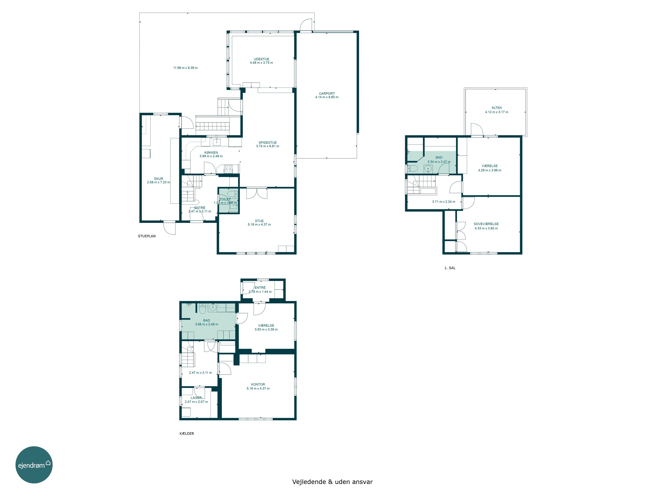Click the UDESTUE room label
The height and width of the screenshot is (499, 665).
(261, 59)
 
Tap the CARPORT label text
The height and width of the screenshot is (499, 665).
(327, 94)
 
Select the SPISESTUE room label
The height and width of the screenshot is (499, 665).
(268, 143)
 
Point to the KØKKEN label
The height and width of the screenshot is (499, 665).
(211, 153)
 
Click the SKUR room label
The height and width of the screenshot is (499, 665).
(158, 179)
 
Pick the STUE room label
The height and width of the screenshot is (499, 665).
(259, 221)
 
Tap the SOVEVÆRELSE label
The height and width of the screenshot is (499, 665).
(486, 224)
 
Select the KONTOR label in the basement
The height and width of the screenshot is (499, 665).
(258, 384)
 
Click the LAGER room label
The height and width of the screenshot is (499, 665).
(196, 398)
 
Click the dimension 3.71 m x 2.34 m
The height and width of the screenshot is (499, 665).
(444, 202)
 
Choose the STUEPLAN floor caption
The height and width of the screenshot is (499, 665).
(147, 236)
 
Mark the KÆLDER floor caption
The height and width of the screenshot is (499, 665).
(187, 433)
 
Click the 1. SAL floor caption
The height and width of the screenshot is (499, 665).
(450, 268)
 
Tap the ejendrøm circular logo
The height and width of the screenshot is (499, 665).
(34, 465)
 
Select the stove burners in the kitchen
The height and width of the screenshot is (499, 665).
(228, 169)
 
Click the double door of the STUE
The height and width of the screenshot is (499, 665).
(256, 193)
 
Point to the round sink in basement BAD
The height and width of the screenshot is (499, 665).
(213, 307)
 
